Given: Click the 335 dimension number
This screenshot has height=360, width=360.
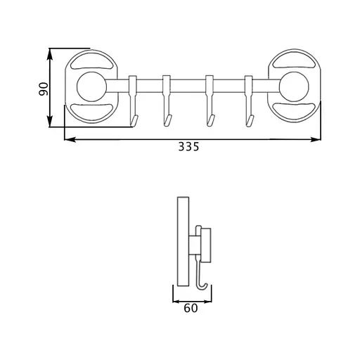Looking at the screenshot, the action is (188, 147).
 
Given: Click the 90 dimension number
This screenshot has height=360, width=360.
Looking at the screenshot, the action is (44, 89).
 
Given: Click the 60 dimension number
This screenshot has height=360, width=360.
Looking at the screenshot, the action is (191, 308).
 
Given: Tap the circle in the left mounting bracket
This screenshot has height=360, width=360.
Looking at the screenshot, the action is (91, 86).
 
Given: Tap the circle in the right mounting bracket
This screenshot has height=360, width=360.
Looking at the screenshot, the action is (294, 86).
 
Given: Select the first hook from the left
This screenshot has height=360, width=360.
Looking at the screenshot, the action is (133, 101).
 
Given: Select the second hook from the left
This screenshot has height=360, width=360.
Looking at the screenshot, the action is (167, 101).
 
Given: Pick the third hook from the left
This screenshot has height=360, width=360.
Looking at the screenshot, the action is (210, 101).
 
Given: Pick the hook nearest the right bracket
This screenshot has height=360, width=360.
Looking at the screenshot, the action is (249, 101).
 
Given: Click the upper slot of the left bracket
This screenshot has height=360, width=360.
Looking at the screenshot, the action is (91, 61).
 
